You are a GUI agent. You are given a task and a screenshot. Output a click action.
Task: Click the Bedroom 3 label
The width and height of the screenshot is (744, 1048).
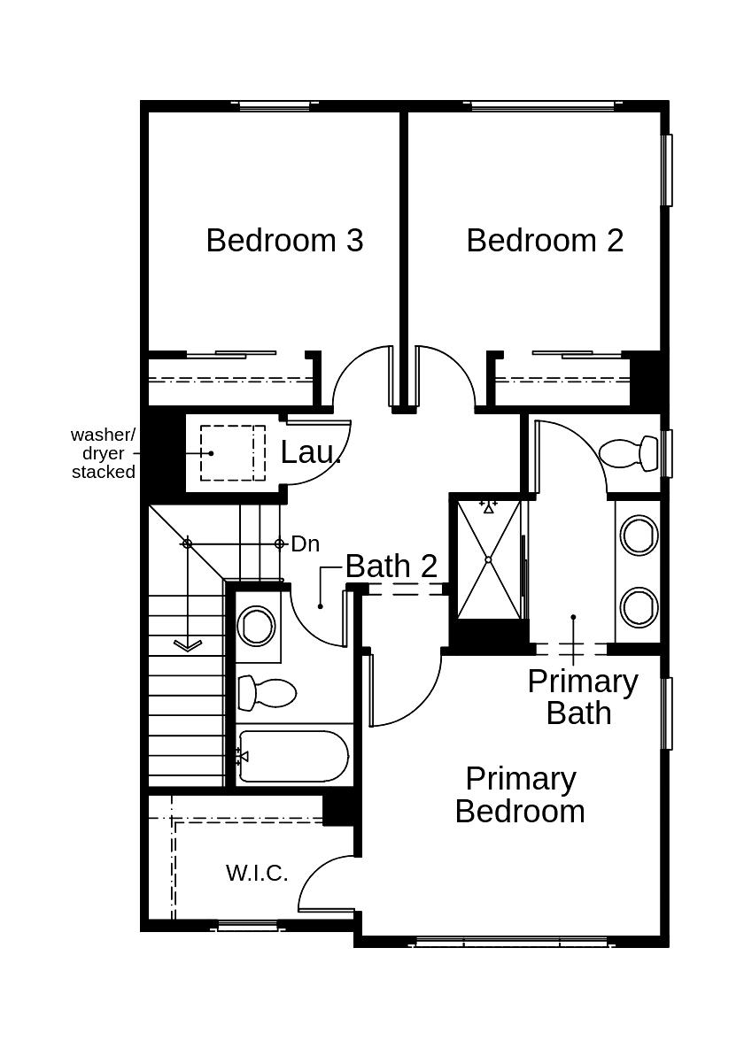(x=284, y=241)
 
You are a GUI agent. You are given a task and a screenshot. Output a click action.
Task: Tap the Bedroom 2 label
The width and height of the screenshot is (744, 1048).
(x=545, y=241)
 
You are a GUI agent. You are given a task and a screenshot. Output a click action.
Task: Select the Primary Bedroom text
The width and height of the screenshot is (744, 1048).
(x=520, y=795)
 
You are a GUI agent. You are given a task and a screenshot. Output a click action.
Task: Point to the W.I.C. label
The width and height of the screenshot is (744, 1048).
(x=257, y=873)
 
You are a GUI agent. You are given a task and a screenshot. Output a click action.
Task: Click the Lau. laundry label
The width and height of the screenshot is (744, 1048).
(x=311, y=452)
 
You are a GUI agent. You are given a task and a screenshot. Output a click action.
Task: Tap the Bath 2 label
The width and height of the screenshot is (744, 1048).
(x=391, y=566)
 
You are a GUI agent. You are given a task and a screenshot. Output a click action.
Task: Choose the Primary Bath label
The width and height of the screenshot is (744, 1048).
(x=582, y=697)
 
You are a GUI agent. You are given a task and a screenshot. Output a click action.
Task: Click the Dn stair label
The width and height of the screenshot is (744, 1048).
(x=305, y=544)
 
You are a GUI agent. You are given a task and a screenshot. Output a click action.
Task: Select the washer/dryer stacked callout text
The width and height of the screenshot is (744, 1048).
(x=104, y=453)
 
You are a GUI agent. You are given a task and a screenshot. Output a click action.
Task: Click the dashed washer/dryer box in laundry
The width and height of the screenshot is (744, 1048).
(x=232, y=453)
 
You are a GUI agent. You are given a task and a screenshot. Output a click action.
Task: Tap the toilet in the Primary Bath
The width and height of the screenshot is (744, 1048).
(x=630, y=453)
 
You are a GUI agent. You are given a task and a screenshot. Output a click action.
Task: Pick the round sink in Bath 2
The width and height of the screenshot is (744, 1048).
(x=257, y=626)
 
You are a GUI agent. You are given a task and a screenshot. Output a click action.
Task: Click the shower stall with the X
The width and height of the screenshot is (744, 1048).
(x=488, y=560)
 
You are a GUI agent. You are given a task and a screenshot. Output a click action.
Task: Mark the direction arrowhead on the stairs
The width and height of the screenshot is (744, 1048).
(x=187, y=645)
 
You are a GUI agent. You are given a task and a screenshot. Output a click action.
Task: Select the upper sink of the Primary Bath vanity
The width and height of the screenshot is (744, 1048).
(x=639, y=536)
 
